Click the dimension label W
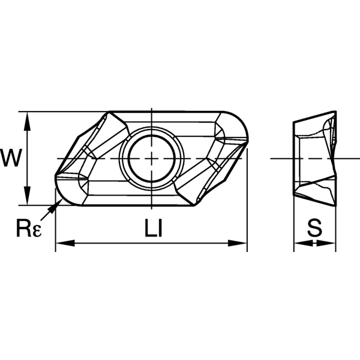pos(11,158)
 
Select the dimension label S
pos(313,228)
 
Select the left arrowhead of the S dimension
pos(298,243)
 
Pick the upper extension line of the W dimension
pos(60,112)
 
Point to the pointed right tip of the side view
pos(334,158)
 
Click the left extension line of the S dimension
pos(293,222)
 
